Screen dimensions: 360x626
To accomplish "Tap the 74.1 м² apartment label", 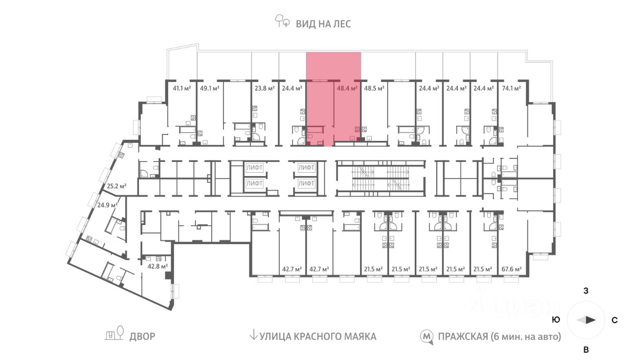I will click(x=512, y=89).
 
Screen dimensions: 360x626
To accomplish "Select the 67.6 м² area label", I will click(x=512, y=269).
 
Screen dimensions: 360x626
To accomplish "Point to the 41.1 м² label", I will click(x=182, y=89).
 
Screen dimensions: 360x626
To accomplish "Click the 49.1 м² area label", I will click(x=209, y=89).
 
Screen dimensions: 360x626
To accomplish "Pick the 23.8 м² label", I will click(x=264, y=89).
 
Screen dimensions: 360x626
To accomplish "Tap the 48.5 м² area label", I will click(x=375, y=89).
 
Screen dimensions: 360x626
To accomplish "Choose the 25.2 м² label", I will click(x=117, y=186).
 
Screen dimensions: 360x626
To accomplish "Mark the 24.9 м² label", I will click(x=107, y=205).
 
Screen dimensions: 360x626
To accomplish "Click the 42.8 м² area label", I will click(x=158, y=267).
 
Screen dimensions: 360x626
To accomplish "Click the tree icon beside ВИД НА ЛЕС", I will click(x=282, y=22).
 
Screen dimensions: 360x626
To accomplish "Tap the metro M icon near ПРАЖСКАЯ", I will click(x=427, y=337).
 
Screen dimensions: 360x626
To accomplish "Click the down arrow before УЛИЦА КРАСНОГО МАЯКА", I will click(x=253, y=336).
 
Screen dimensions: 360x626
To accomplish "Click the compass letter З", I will click(x=586, y=291).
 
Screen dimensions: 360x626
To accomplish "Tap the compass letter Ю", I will click(x=556, y=320).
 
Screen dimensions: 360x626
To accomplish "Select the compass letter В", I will click(x=586, y=350).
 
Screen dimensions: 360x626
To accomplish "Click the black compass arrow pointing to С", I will click(x=591, y=320).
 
